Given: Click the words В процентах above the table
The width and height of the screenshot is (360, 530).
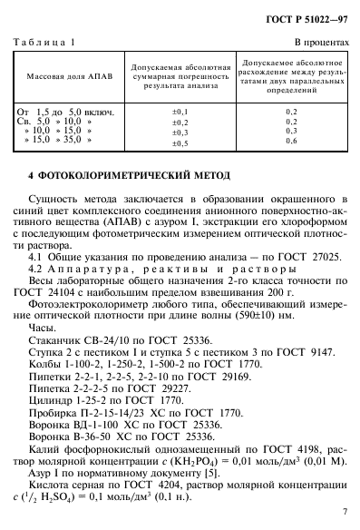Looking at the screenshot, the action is [318, 43].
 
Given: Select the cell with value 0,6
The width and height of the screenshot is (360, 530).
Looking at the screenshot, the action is [291, 141].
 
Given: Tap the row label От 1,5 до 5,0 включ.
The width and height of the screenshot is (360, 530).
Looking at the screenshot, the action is [62, 110].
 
